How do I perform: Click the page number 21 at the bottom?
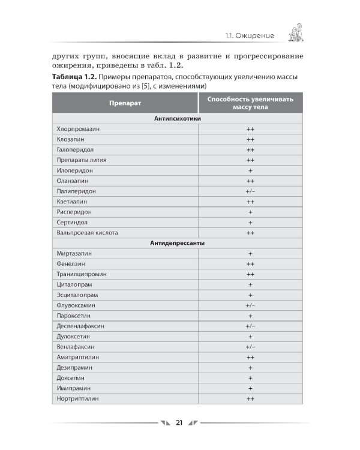pyautogui.click(x=179, y=423)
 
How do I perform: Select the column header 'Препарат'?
pyautogui.click(x=125, y=103)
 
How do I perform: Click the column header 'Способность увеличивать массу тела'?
pyautogui.click(x=250, y=103)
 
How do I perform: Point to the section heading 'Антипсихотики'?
pyautogui.click(x=177, y=119)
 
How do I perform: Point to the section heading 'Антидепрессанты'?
pyautogui.click(x=177, y=243)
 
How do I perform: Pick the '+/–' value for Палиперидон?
pyautogui.click(x=250, y=191)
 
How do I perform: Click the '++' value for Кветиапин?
pyautogui.click(x=250, y=202)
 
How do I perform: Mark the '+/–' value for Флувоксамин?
pyautogui.click(x=250, y=305)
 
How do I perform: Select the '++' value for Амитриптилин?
pyautogui.click(x=250, y=357)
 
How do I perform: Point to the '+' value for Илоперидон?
pyautogui.click(x=250, y=170)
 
